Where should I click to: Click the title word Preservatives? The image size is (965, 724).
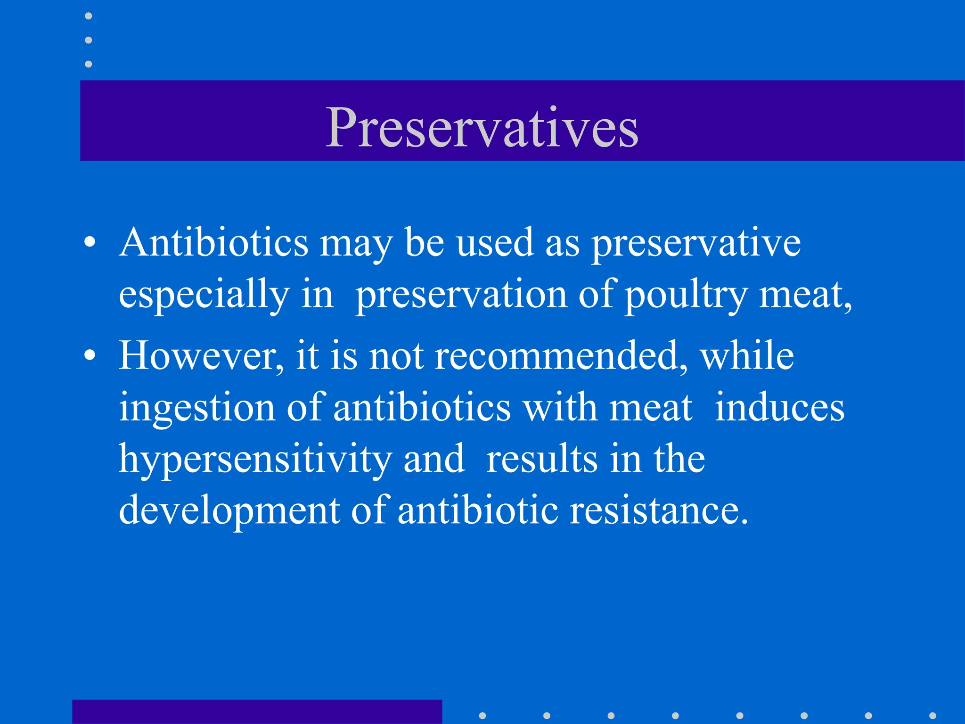[482, 127]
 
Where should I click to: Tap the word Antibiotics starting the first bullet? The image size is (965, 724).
[214, 243]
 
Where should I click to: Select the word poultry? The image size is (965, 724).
[686, 295]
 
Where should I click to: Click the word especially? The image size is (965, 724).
[204, 295]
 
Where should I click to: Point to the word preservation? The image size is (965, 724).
[461, 295]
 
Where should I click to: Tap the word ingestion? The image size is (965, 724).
[196, 408]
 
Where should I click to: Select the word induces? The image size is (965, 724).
[779, 408]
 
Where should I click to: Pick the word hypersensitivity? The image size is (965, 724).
[255, 460]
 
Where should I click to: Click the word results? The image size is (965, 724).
[541, 460]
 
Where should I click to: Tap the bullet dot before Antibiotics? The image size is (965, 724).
[90, 243]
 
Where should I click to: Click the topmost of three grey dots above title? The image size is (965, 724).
[88, 16]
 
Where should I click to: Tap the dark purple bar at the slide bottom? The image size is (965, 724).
[257, 712]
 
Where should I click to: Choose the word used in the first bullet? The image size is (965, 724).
[494, 243]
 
